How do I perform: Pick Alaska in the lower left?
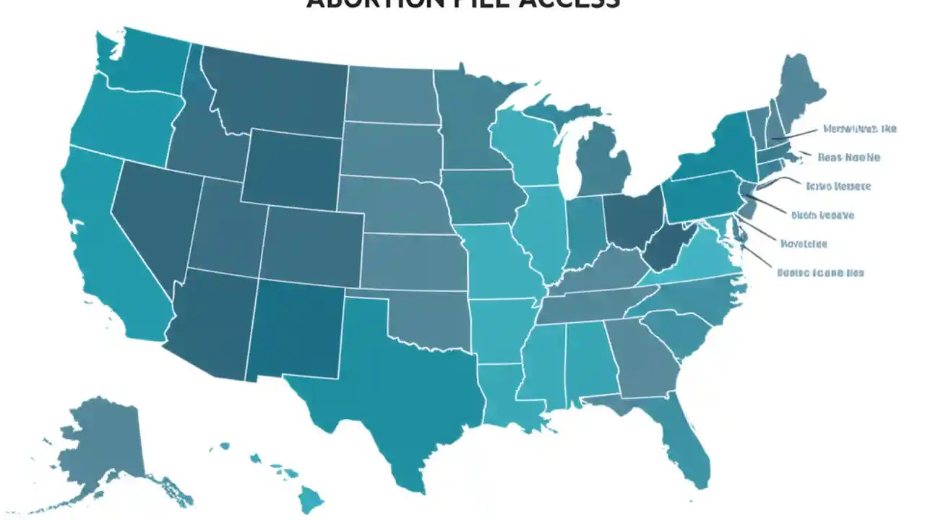tap(101, 448)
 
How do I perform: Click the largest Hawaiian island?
tap(311, 497)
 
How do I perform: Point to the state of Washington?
tap(145, 65)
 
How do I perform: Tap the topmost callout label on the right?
tap(859, 129)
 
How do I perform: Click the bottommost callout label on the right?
tap(820, 273)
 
